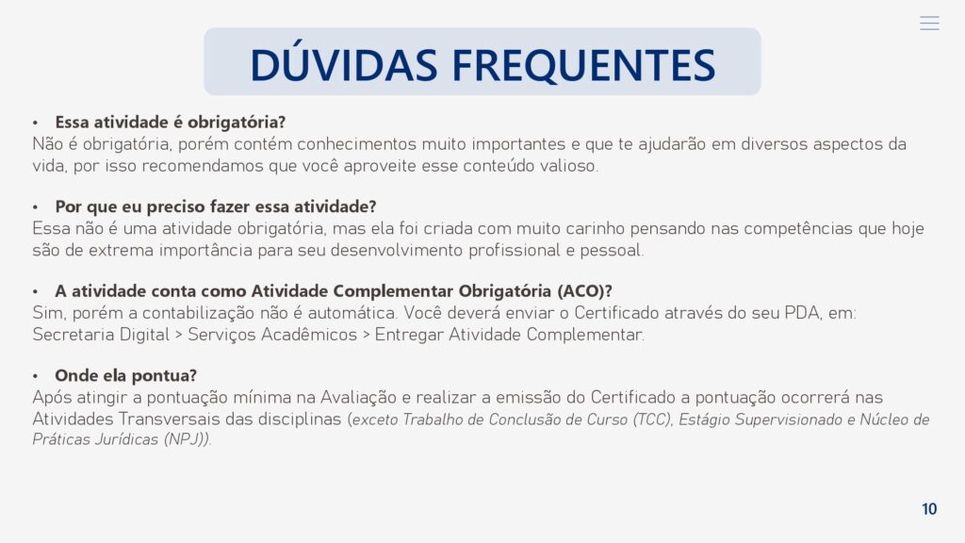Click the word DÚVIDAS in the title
[343, 63]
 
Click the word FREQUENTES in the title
[583, 65]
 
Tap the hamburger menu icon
[929, 24]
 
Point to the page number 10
[929, 509]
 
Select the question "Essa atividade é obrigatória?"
[171, 122]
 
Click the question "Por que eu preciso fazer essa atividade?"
[216, 206]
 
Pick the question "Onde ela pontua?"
[125, 375]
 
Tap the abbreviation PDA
[802, 313]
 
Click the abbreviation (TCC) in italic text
[652, 420]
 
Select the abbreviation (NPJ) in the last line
[185, 439]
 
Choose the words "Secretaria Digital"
[101, 335]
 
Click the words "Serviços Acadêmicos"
[272, 335]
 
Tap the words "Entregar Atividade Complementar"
[509, 335]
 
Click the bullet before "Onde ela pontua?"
[36, 376]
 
